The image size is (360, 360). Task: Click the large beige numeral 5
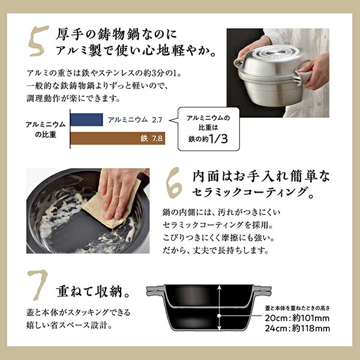click(x=38, y=41)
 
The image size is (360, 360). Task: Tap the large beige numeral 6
click(x=174, y=183)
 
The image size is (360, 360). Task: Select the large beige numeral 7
click(x=38, y=284)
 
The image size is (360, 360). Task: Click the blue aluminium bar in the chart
click(x=86, y=119)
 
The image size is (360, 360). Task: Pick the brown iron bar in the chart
click(x=118, y=138)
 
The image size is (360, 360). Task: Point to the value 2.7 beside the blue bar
click(x=157, y=120)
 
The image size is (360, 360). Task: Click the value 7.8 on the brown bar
click(x=157, y=139)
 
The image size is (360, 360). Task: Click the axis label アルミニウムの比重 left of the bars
click(x=46, y=129)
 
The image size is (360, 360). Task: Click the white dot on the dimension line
click(x=219, y=316)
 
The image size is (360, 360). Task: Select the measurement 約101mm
click(x=311, y=318)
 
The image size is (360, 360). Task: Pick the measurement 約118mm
click(x=311, y=328)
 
